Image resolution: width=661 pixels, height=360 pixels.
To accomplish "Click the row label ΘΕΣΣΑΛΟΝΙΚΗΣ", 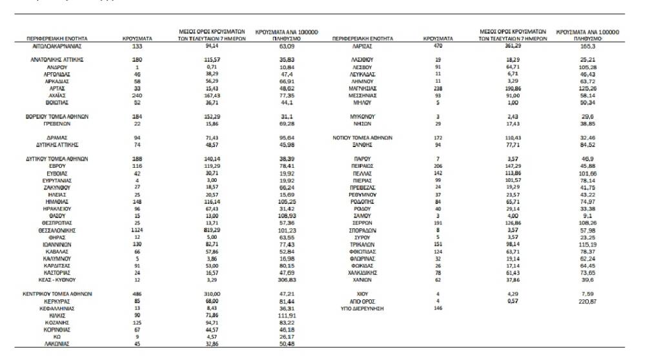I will click(59, 230).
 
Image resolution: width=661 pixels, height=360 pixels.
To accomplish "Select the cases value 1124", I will click(136, 230).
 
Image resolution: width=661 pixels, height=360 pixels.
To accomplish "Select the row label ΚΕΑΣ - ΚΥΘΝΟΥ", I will click(59, 280).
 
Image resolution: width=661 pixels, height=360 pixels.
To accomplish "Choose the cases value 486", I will click(136, 294).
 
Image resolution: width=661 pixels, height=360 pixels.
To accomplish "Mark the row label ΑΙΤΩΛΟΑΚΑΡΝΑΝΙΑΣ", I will click(59, 47).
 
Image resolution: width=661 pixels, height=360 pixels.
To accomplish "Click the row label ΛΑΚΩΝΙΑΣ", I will click(59, 344).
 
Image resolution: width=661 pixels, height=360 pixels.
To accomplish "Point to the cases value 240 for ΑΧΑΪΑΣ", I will click(136, 95).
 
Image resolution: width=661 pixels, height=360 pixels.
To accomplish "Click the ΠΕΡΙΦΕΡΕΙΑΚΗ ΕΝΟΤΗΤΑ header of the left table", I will click(57, 39).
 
